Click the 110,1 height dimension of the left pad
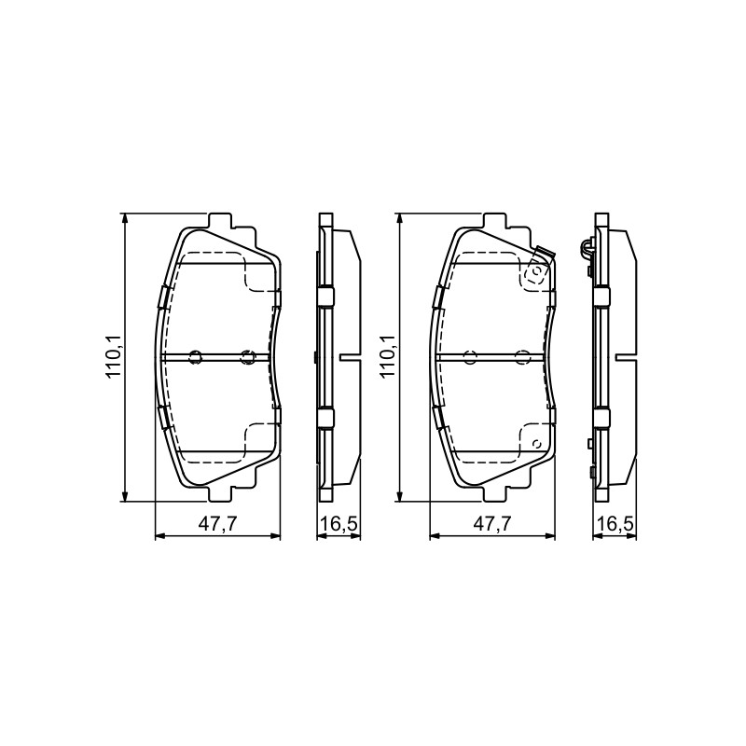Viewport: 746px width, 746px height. [114, 357]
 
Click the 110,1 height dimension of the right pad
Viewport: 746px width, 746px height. [388, 357]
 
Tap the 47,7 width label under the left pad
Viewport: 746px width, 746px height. [217, 524]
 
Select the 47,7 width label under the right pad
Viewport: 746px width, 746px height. [492, 524]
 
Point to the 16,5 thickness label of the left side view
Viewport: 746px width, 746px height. [338, 524]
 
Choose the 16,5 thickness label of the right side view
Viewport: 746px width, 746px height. [615, 524]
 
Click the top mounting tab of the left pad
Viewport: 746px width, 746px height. [220, 221]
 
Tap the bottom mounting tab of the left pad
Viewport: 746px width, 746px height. [220, 493]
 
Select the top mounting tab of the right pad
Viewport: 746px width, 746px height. [495, 221]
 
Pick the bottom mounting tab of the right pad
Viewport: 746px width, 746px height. [495, 493]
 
